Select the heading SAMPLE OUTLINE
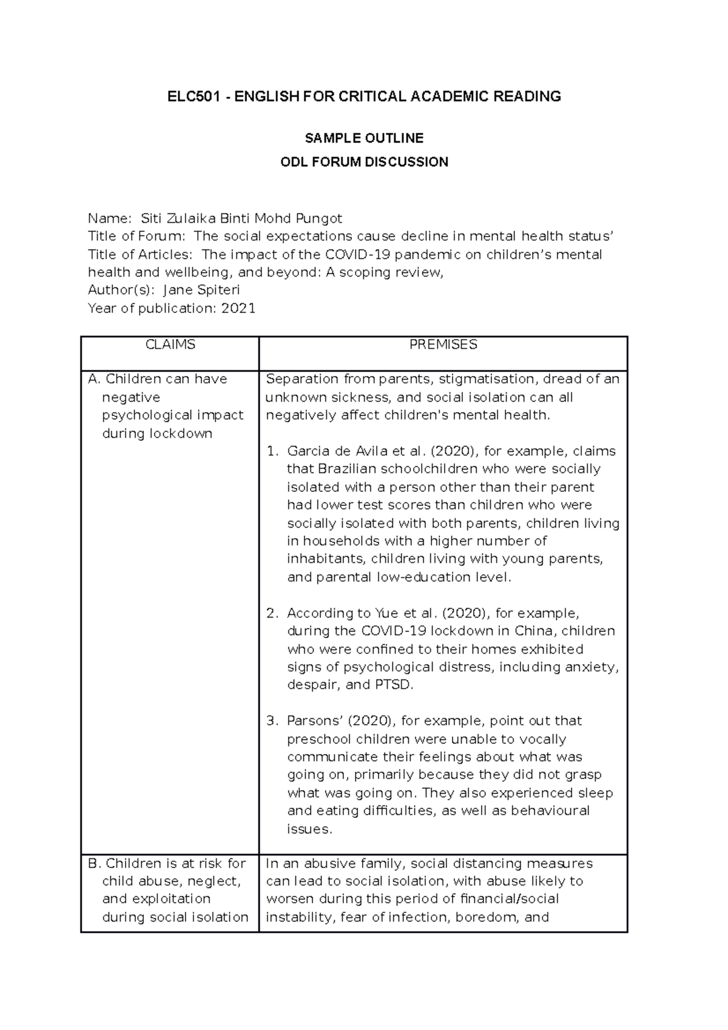click(364, 138)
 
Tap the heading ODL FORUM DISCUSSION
click(364, 162)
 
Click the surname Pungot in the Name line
click(319, 218)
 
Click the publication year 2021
click(238, 308)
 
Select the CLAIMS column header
click(170, 345)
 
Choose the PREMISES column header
click(443, 345)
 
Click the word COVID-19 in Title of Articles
click(351, 254)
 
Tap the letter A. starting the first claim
click(94, 379)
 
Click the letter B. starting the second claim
click(94, 863)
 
